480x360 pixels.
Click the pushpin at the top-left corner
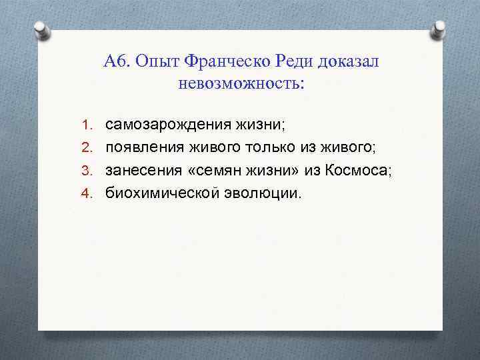point(40,31)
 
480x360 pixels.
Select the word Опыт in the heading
point(157,62)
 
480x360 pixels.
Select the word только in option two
point(266,147)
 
